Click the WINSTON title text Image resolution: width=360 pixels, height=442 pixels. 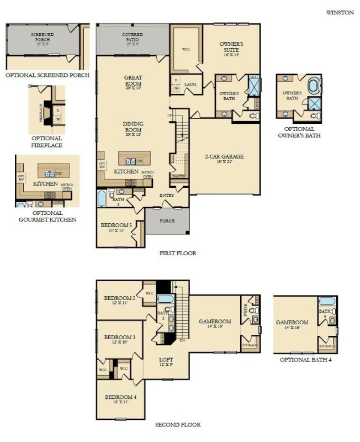pyautogui.click(x=340, y=13)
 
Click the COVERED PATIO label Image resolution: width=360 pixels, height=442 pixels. pyautogui.click(x=133, y=37)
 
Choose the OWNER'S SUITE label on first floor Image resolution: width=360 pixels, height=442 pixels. pyautogui.click(x=231, y=46)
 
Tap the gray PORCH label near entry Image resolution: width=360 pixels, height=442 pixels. pyautogui.click(x=167, y=221)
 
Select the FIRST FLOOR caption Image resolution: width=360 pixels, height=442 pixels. pyautogui.click(x=178, y=254)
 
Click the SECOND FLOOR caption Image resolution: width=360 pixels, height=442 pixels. pyautogui.click(x=178, y=425)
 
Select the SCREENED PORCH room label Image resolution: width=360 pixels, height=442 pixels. pyautogui.click(x=44, y=37)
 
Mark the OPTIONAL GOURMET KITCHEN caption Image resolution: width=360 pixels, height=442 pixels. pyautogui.click(x=46, y=216)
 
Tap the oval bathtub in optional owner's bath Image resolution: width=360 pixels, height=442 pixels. pyautogui.click(x=313, y=86)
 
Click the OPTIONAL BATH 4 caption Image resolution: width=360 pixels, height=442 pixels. pyautogui.click(x=305, y=360)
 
